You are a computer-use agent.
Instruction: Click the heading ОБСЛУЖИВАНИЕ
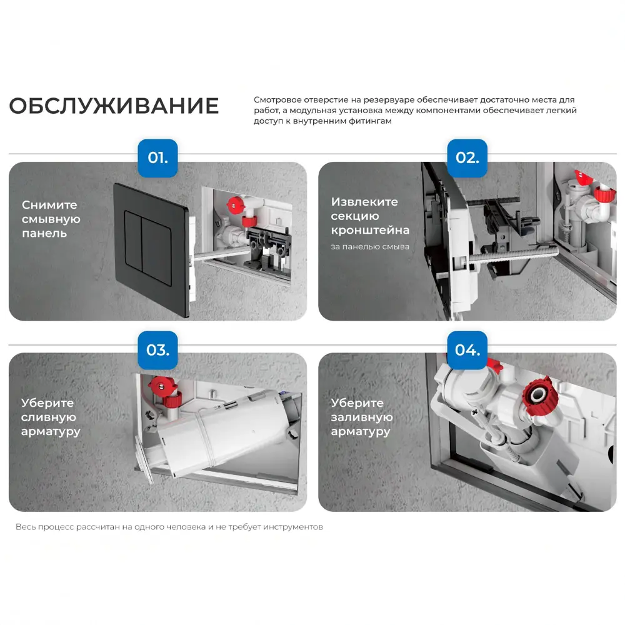tap(114, 106)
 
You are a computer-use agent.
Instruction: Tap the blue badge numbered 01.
tap(157, 157)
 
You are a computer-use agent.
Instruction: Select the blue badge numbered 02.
tap(467, 157)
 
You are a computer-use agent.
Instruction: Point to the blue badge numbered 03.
tap(157, 350)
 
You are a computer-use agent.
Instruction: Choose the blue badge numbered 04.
tap(467, 350)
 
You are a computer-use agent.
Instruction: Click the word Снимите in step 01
tap(49, 205)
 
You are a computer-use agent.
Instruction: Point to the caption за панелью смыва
tap(370, 247)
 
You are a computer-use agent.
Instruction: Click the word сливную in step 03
tap(49, 417)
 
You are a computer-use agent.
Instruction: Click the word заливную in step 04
tap(362, 417)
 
